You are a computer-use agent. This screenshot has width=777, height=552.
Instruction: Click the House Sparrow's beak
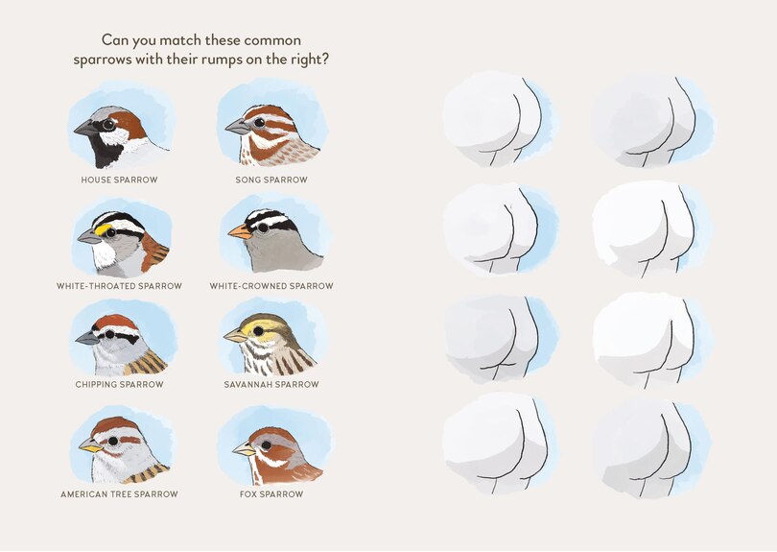pos(83,127)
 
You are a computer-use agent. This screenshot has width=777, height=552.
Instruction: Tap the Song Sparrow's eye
pos(260,122)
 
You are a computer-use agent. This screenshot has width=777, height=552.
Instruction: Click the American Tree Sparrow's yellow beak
pos(90,445)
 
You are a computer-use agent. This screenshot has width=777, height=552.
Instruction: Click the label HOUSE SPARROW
pos(119,180)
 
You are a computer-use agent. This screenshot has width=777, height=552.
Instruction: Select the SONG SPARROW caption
pos(271,180)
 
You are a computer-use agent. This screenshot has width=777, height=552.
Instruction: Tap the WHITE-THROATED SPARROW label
pos(119,286)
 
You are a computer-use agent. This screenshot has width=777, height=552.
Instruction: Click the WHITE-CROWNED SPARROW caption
pos(271,286)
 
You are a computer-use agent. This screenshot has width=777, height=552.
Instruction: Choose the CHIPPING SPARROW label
pos(119,384)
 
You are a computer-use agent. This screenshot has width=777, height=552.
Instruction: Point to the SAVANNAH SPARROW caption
pos(271,384)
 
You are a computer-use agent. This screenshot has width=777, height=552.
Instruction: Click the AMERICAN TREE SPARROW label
pos(119,494)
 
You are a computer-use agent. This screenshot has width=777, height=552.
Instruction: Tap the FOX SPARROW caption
pos(271,494)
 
